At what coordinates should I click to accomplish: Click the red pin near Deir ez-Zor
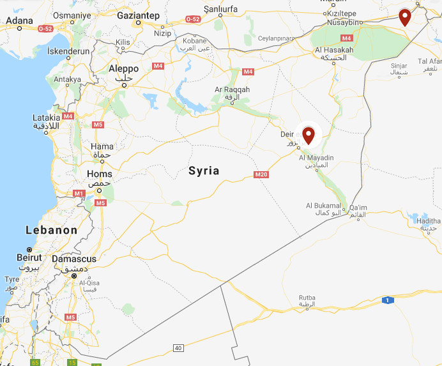coord(309,135)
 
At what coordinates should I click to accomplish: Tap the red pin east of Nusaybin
coord(404,16)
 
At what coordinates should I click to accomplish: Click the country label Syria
coord(204,171)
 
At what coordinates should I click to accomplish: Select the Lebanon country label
coord(52,230)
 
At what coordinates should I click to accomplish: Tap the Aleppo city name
coord(123,69)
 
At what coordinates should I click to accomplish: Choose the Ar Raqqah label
coord(232,89)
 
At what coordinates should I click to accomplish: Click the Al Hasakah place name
coord(334,50)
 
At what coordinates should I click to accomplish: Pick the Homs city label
coord(99,174)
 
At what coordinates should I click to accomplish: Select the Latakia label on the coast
coord(47,118)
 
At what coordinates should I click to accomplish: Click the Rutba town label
coord(307,298)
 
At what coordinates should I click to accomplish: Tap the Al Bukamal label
coord(324,205)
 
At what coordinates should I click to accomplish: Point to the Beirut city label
coord(29,257)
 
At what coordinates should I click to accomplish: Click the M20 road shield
coord(260,174)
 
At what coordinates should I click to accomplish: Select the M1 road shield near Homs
coord(79,192)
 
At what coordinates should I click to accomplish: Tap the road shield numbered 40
coord(178,347)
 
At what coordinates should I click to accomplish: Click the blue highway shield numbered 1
coord(386,300)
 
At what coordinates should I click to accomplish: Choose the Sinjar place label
coord(399,65)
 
